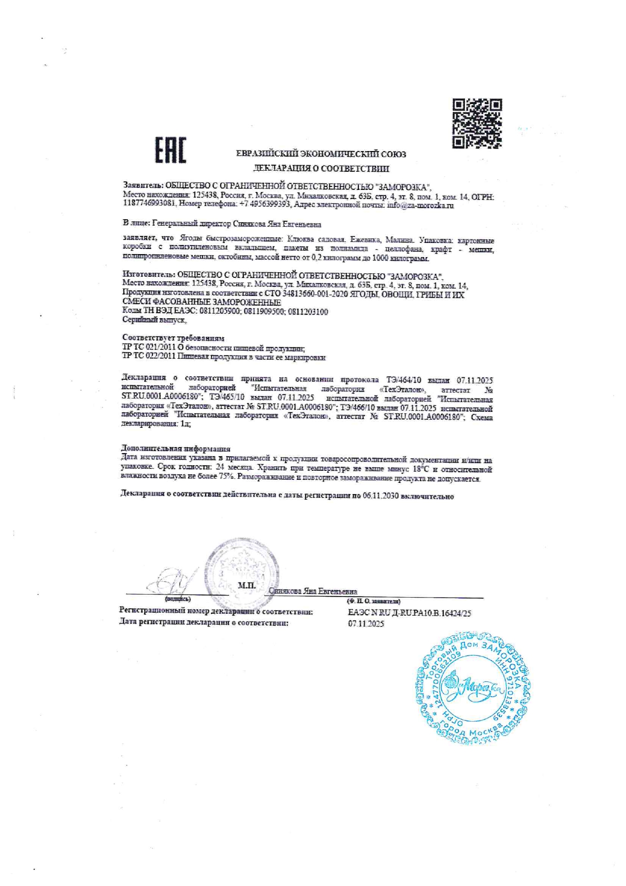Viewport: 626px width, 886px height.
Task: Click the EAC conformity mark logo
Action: point(170,150)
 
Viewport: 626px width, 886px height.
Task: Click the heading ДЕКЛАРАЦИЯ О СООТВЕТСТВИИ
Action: point(321,168)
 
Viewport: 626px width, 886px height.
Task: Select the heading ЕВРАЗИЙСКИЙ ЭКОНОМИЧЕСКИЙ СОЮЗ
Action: point(321,154)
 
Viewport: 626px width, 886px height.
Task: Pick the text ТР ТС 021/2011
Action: point(148,348)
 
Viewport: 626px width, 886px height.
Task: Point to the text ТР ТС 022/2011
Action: point(148,357)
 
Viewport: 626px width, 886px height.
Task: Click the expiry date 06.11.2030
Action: point(381,497)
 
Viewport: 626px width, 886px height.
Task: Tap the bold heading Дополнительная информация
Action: point(176,449)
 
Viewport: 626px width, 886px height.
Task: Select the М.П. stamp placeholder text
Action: point(247,585)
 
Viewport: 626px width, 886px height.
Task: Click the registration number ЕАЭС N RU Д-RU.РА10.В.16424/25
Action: point(409,613)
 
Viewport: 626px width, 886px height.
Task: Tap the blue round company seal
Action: point(474,685)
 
